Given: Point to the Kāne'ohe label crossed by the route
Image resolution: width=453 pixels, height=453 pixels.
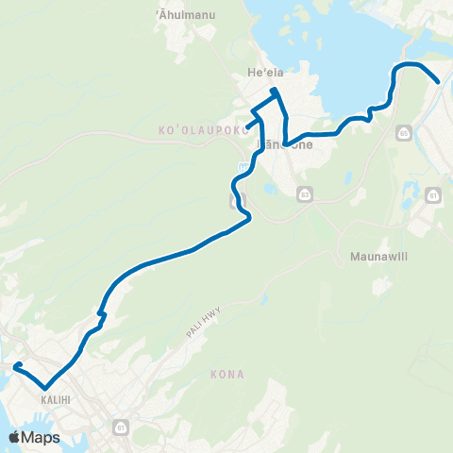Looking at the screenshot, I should tap(294, 144).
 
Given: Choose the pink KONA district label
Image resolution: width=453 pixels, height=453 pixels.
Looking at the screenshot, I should tap(227, 375).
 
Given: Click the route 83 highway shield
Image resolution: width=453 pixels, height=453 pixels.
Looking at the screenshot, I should tap(303, 193).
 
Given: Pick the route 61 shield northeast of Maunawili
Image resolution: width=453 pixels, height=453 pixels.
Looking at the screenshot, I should tap(433, 196).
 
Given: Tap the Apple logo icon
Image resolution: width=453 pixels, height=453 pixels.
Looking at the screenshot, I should tap(15, 437).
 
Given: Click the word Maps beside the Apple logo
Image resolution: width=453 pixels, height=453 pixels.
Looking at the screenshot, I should tap(42, 437).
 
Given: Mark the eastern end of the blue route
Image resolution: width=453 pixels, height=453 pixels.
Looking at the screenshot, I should tap(439, 82).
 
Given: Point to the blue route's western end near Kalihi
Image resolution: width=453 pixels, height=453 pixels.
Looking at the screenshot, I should tap(16, 365).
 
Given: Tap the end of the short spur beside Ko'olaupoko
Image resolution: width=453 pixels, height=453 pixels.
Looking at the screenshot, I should tap(247, 127).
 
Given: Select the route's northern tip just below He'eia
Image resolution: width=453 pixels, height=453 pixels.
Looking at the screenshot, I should tap(275, 91).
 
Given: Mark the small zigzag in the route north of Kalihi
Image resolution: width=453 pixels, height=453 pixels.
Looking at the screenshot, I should tap(101, 314).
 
